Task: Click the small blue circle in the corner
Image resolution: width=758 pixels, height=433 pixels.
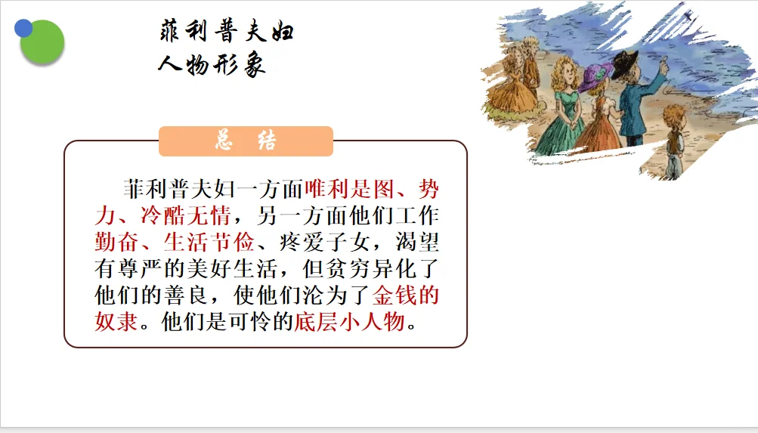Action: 23,28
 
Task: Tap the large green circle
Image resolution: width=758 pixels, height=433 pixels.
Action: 42,42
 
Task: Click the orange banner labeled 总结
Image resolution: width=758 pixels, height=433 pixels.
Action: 246,141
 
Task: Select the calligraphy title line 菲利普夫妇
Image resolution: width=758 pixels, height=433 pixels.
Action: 226,31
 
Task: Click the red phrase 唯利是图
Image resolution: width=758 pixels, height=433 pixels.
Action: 349,189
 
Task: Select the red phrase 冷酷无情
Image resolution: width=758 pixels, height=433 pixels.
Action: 186,215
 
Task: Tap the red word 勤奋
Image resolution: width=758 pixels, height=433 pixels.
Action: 116,242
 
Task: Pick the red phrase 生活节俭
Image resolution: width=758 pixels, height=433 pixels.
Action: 209,242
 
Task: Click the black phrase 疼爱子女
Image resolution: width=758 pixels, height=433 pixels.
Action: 324,242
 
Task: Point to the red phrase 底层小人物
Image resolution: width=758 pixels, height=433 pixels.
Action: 349,321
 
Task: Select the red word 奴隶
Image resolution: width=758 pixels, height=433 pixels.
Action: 116,321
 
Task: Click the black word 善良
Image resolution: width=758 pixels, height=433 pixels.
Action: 186,295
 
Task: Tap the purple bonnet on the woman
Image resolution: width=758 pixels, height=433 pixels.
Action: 596,77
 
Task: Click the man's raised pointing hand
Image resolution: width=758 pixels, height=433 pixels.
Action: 664,63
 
